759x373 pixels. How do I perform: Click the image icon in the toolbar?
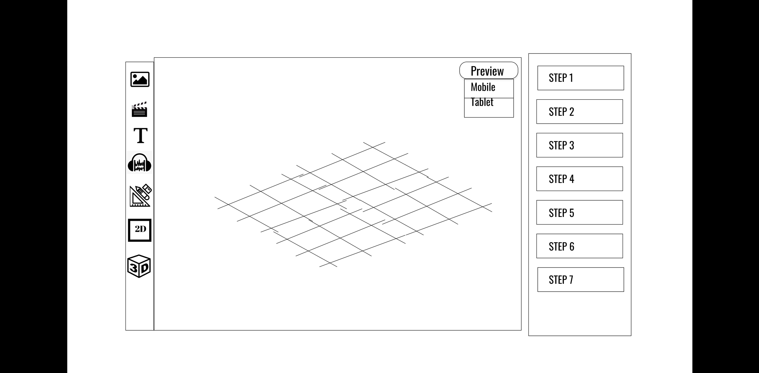point(140,79)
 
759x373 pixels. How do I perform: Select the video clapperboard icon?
point(139,109)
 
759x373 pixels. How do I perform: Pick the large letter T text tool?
point(141,135)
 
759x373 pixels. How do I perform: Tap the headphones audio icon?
point(140,162)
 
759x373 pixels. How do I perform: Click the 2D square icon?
point(140,230)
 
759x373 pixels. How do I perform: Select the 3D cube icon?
point(139,266)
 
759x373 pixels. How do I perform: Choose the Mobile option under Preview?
point(483,87)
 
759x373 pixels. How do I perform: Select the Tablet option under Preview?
point(482,102)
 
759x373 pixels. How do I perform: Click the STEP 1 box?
point(581,78)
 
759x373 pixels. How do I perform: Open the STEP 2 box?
point(580,112)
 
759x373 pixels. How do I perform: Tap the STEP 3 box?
point(580,145)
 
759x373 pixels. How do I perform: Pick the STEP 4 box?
point(580,179)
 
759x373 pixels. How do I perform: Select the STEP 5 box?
point(580,212)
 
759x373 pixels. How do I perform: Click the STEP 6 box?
point(580,246)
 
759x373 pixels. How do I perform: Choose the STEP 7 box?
point(581,279)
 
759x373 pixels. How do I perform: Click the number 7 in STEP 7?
point(570,280)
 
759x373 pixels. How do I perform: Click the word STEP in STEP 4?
point(558,179)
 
